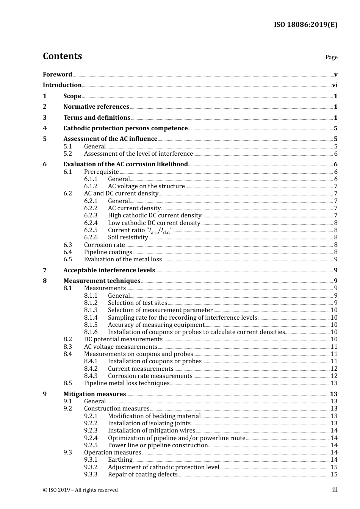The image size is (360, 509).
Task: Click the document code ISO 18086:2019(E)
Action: tap(305, 25)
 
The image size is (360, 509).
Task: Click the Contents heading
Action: tap(62, 56)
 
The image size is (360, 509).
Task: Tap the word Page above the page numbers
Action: tap(331, 57)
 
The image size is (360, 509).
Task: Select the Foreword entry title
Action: tap(57, 75)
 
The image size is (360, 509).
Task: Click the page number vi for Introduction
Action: tap(335, 85)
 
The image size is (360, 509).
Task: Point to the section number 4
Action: tap(45, 128)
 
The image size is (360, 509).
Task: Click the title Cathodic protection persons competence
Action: tap(125, 128)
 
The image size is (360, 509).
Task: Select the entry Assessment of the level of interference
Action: tap(138, 154)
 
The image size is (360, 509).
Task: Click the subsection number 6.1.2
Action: tap(91, 186)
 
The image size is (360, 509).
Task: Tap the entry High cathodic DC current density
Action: tap(155, 215)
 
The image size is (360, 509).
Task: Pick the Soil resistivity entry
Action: tap(128, 237)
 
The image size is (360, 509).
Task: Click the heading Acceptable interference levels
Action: tap(109, 270)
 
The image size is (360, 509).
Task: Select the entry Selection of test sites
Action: tap(137, 303)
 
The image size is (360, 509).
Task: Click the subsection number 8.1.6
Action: tap(91, 332)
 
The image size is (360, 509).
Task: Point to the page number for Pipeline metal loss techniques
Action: tap(333, 383)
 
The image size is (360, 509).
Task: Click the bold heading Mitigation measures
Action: tap(94, 394)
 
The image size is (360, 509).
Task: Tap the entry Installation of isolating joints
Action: tap(149, 423)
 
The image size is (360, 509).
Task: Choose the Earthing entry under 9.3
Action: tap(120, 460)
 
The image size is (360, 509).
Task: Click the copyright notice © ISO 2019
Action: tap(80, 490)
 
